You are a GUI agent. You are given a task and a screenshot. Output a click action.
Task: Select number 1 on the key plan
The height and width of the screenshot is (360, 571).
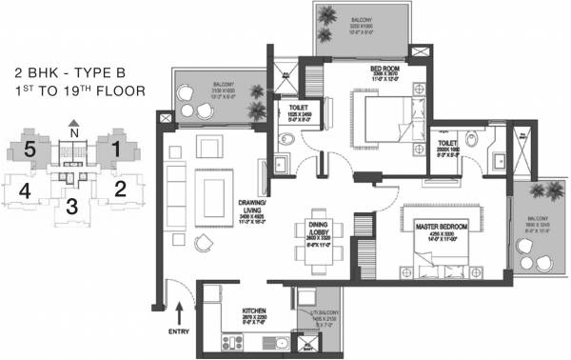click(115, 149)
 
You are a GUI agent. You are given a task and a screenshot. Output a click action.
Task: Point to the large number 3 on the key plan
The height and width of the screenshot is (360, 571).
click(72, 203)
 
